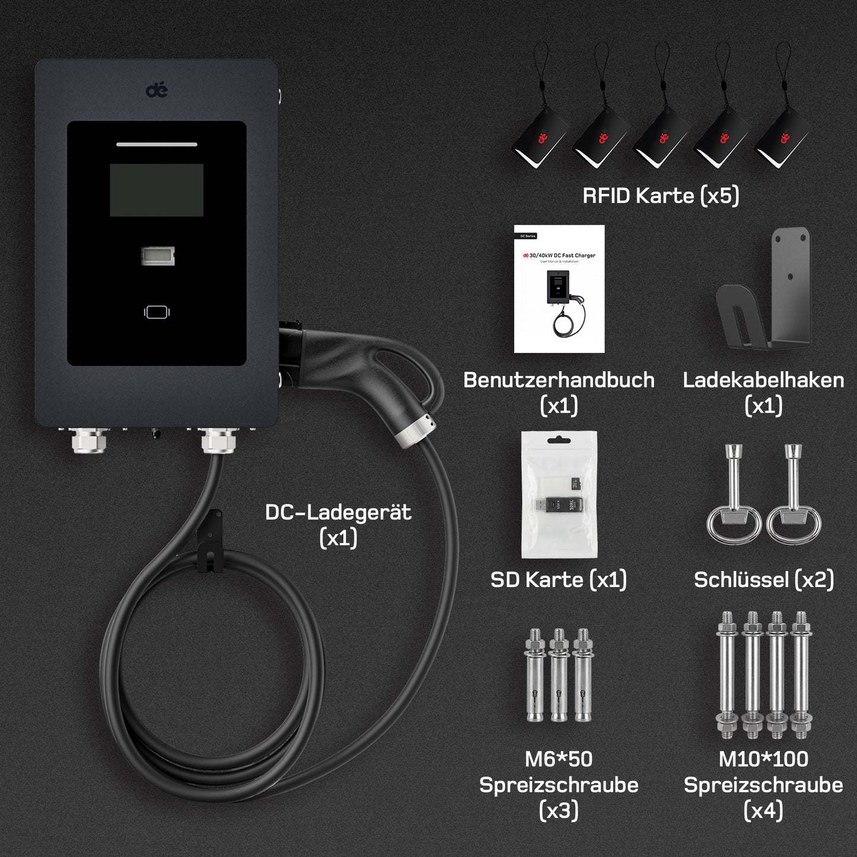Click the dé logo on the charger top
click(157, 90)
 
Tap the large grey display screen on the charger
click(157, 190)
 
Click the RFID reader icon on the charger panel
click(157, 312)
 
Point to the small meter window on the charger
click(158, 256)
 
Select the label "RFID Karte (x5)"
click(661, 196)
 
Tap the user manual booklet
click(559, 289)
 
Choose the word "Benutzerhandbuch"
click(559, 380)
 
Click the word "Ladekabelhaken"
click(763, 380)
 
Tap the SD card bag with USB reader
click(559, 494)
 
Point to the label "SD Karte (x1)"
click(559, 579)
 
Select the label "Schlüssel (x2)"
click(764, 579)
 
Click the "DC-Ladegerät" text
click(338, 512)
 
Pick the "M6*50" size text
click(559, 759)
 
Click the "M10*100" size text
click(763, 759)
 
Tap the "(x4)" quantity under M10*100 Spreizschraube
click(763, 810)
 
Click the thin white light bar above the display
click(157, 144)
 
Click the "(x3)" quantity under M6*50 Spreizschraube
click(559, 810)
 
